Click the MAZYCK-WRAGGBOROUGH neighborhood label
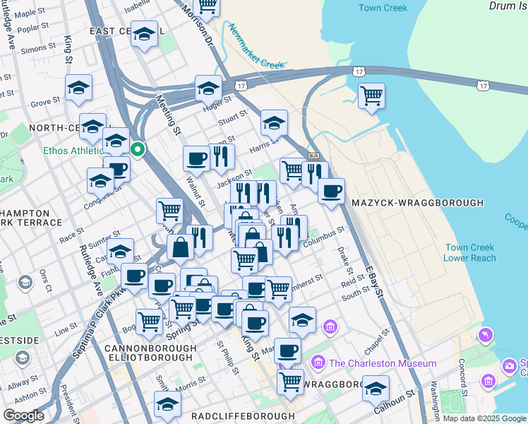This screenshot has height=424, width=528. pyautogui.click(x=417, y=203)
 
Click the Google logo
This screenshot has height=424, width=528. pyautogui.click(x=24, y=416)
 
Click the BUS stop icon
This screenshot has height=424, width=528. pyautogui.click(x=314, y=156)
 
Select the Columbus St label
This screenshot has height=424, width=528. pyautogui.click(x=324, y=236)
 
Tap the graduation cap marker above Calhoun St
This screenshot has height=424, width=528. pyautogui.click(x=376, y=388)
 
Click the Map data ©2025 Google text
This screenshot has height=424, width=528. pyautogui.click(x=485, y=418)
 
